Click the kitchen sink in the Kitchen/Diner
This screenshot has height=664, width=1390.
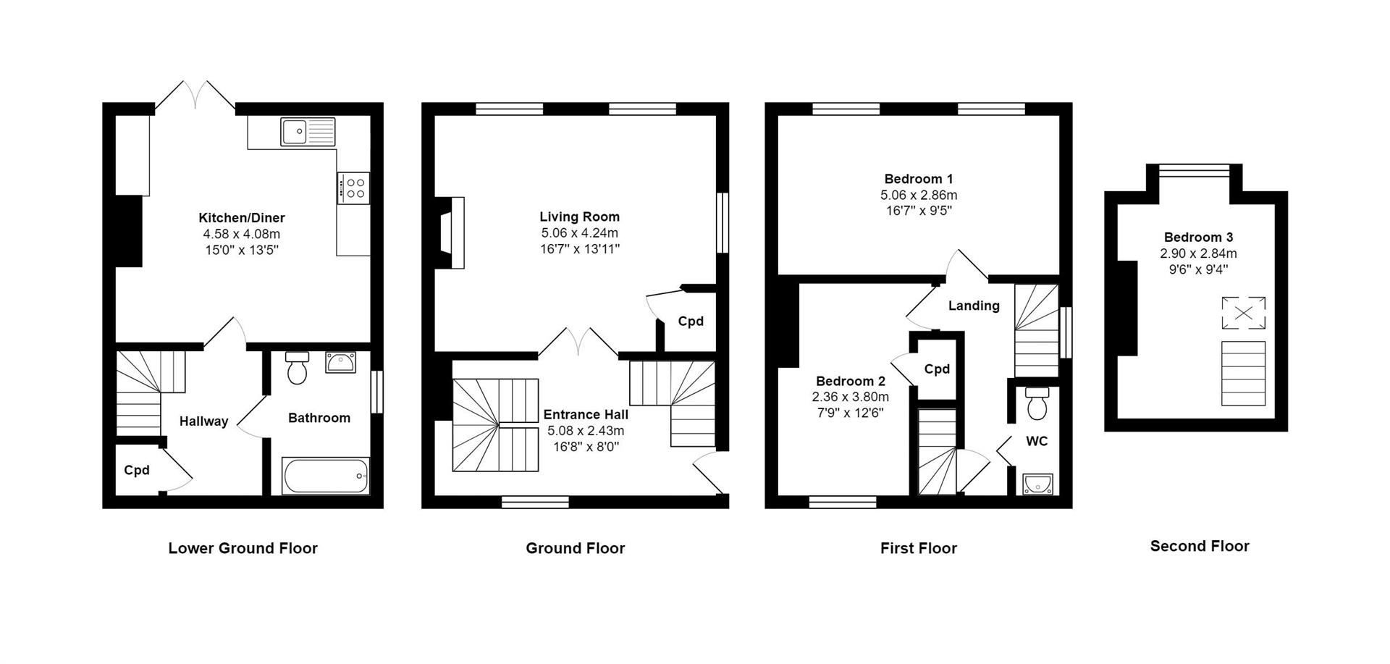[308, 132]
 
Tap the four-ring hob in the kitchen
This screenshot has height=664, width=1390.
[353, 188]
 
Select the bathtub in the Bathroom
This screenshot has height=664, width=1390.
[326, 476]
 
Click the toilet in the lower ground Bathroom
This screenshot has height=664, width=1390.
[298, 368]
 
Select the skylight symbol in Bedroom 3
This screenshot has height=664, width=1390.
[1243, 313]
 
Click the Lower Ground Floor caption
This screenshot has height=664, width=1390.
[243, 548]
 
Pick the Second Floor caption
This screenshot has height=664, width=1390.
[1200, 546]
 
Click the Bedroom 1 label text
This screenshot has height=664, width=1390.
[918, 179]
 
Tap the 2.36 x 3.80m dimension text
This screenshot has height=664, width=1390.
[850, 397]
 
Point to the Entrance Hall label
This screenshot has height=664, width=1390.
[586, 414]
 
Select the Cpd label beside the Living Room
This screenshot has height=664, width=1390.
[690, 321]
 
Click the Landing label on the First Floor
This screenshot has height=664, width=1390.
[974, 306]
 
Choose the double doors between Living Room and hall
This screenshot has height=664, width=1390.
[578, 342]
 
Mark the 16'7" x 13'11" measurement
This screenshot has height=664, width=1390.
[579, 249]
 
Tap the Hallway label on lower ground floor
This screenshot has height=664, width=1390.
[203, 421]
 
